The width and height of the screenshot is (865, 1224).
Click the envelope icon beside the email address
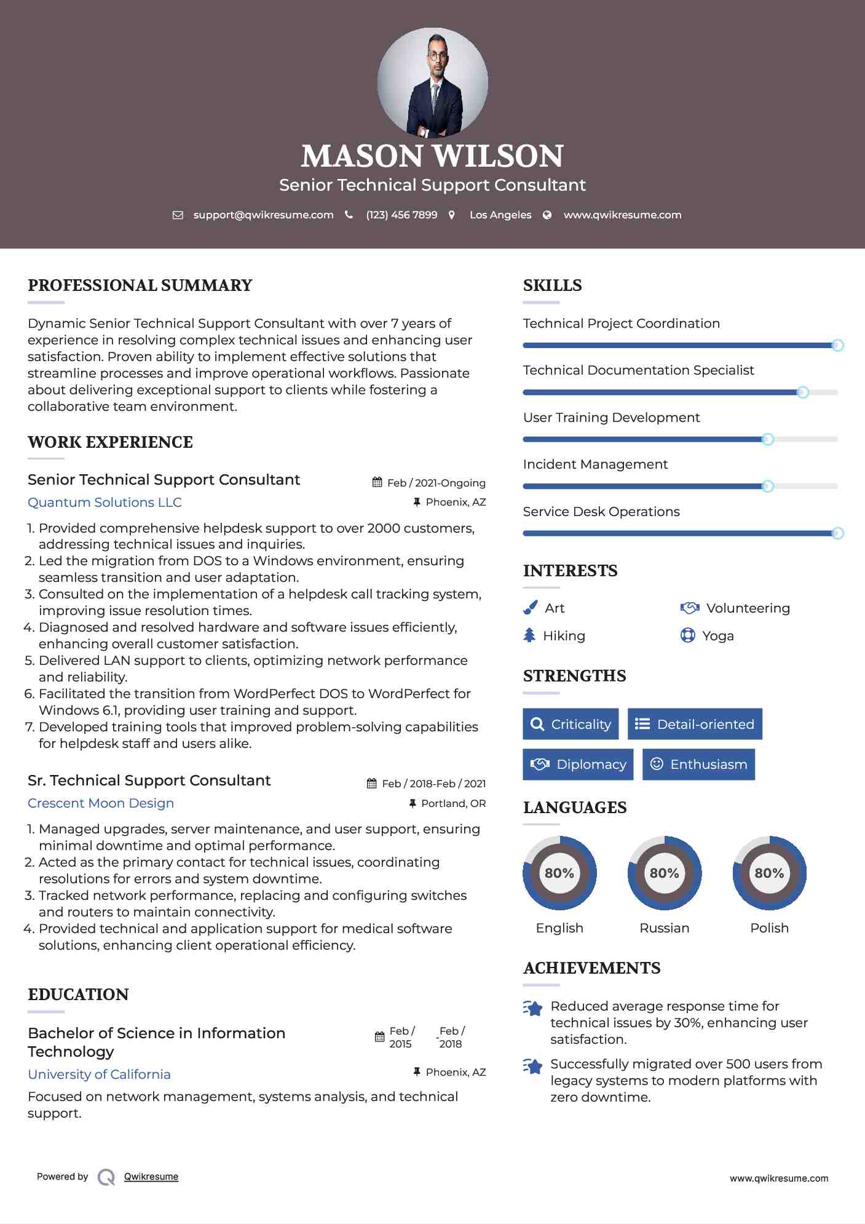tap(178, 215)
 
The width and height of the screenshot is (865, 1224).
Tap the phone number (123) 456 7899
tap(401, 215)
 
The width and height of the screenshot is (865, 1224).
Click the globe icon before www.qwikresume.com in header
tap(547, 215)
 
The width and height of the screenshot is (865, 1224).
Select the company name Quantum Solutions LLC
tap(105, 503)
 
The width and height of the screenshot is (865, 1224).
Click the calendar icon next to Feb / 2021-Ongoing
tap(377, 483)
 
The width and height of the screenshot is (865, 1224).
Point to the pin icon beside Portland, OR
tap(413, 803)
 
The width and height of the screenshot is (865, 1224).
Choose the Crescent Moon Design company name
tap(101, 803)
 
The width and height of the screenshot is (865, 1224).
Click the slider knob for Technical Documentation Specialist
tap(802, 392)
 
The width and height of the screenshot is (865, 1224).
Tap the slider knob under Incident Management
tap(767, 487)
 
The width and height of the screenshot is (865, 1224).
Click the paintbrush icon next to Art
tap(530, 608)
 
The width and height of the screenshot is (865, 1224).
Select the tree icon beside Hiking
tap(529, 635)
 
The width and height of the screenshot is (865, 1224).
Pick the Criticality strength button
tap(571, 724)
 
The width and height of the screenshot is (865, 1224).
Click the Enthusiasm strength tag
tap(698, 765)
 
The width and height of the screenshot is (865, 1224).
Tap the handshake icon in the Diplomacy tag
tap(540, 765)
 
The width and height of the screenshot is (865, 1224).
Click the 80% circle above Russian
tap(664, 873)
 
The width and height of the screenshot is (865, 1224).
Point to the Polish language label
tap(769, 928)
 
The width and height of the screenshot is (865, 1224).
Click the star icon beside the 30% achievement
tap(533, 1009)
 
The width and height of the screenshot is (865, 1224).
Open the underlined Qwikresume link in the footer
tap(151, 1177)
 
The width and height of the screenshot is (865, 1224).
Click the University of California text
tap(99, 1075)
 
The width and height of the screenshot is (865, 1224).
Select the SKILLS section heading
tap(552, 285)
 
